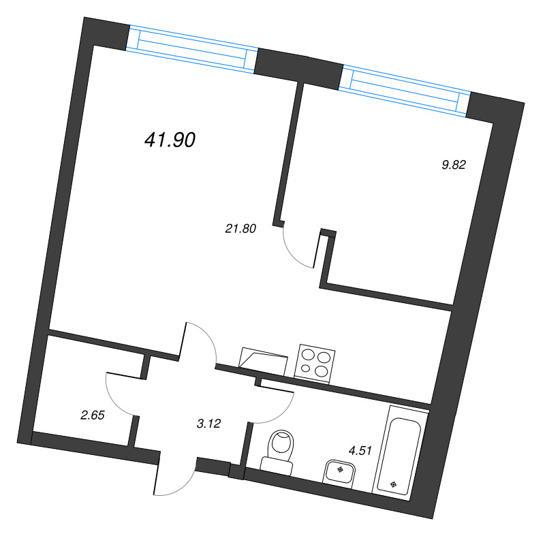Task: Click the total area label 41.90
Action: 170,140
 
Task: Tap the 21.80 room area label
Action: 240,229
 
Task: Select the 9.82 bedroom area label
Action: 453,165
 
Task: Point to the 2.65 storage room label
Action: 93,415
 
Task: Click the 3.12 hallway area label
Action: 208,424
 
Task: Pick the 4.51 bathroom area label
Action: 360,451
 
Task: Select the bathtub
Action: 401,453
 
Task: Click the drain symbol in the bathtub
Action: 393,484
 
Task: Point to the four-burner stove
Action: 315,364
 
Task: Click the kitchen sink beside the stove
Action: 263,361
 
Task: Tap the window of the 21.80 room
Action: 192,49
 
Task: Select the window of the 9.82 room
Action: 405,91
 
